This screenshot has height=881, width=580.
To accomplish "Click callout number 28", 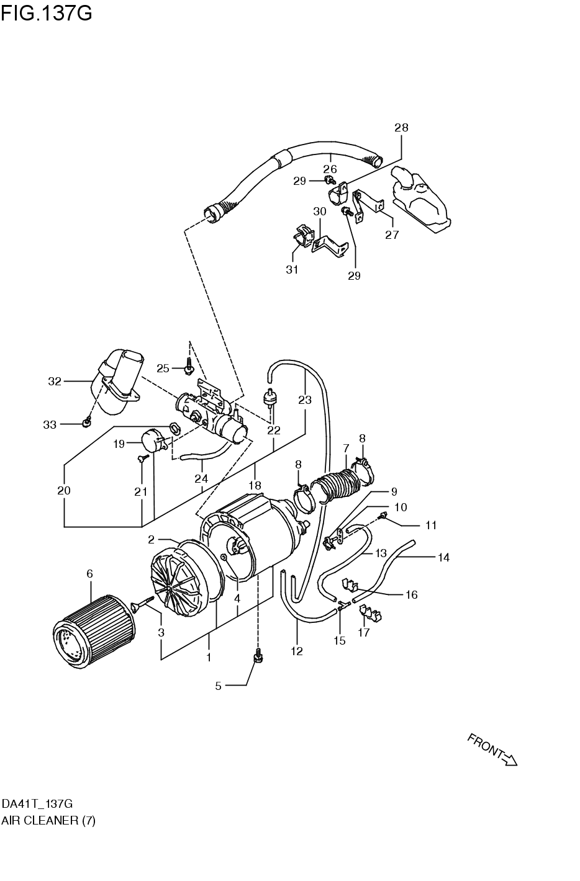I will point(401,128).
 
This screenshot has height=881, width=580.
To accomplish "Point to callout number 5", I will point(218,686).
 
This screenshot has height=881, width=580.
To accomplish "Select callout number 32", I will point(55,382).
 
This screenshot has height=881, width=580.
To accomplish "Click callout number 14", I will point(443,557).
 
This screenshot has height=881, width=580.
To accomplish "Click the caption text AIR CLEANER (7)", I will point(48,820).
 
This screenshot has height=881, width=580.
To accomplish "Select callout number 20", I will point(63,490).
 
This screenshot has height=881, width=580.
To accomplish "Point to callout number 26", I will point(330,169).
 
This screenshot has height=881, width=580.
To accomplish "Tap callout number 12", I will point(297,651).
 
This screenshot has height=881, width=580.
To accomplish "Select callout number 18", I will point(255,485).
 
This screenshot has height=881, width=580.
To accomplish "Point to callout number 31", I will point(292,269).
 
